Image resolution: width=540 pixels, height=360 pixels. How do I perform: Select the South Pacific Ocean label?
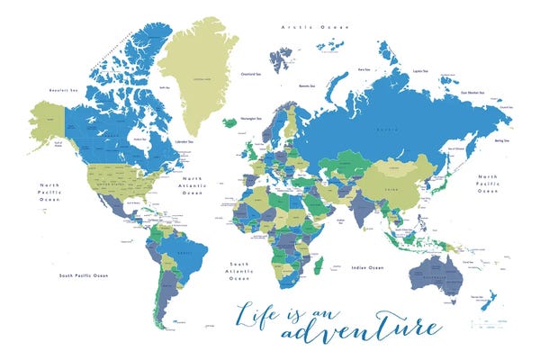click(x=84, y=274)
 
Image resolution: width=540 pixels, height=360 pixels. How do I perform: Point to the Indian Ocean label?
click(x=367, y=267)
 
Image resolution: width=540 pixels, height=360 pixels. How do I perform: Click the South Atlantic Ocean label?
click(x=239, y=271)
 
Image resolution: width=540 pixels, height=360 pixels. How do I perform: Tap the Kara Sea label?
click(x=364, y=68)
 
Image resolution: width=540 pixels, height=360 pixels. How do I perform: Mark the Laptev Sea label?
click(x=418, y=70)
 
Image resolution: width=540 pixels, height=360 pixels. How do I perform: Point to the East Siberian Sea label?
click(x=473, y=92)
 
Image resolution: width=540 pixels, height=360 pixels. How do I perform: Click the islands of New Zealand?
click(x=490, y=300)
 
